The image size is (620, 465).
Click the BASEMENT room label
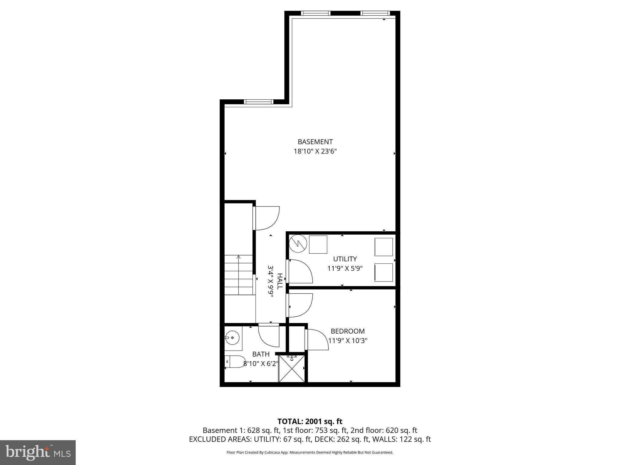pyautogui.click(x=315, y=142)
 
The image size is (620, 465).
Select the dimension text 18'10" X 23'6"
pyautogui.click(x=315, y=151)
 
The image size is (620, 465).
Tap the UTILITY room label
pyautogui.click(x=345, y=259)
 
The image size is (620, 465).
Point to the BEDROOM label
pyautogui.click(x=348, y=331)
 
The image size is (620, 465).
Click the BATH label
pyautogui.click(x=261, y=354)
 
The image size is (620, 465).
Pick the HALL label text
pyautogui.click(x=280, y=281)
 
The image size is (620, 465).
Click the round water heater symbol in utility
pyautogui.click(x=298, y=243)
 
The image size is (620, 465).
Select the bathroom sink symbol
pyautogui.click(x=232, y=337)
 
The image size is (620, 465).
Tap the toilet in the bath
pyautogui.click(x=236, y=361)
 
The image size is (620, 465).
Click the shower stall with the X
pyautogui.click(x=292, y=369)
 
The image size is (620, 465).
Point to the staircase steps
pyautogui.click(x=238, y=275)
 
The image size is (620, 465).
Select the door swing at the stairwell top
pyautogui.click(x=266, y=218)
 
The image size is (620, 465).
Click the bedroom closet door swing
pyautogui.click(x=317, y=340)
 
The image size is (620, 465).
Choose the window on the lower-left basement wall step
pyautogui.click(x=259, y=102)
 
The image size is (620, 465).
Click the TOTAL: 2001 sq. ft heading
pyautogui.click(x=310, y=421)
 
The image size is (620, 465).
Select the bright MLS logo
pyautogui.click(x=38, y=452)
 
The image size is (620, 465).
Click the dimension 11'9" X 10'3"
pyautogui.click(x=348, y=341)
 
